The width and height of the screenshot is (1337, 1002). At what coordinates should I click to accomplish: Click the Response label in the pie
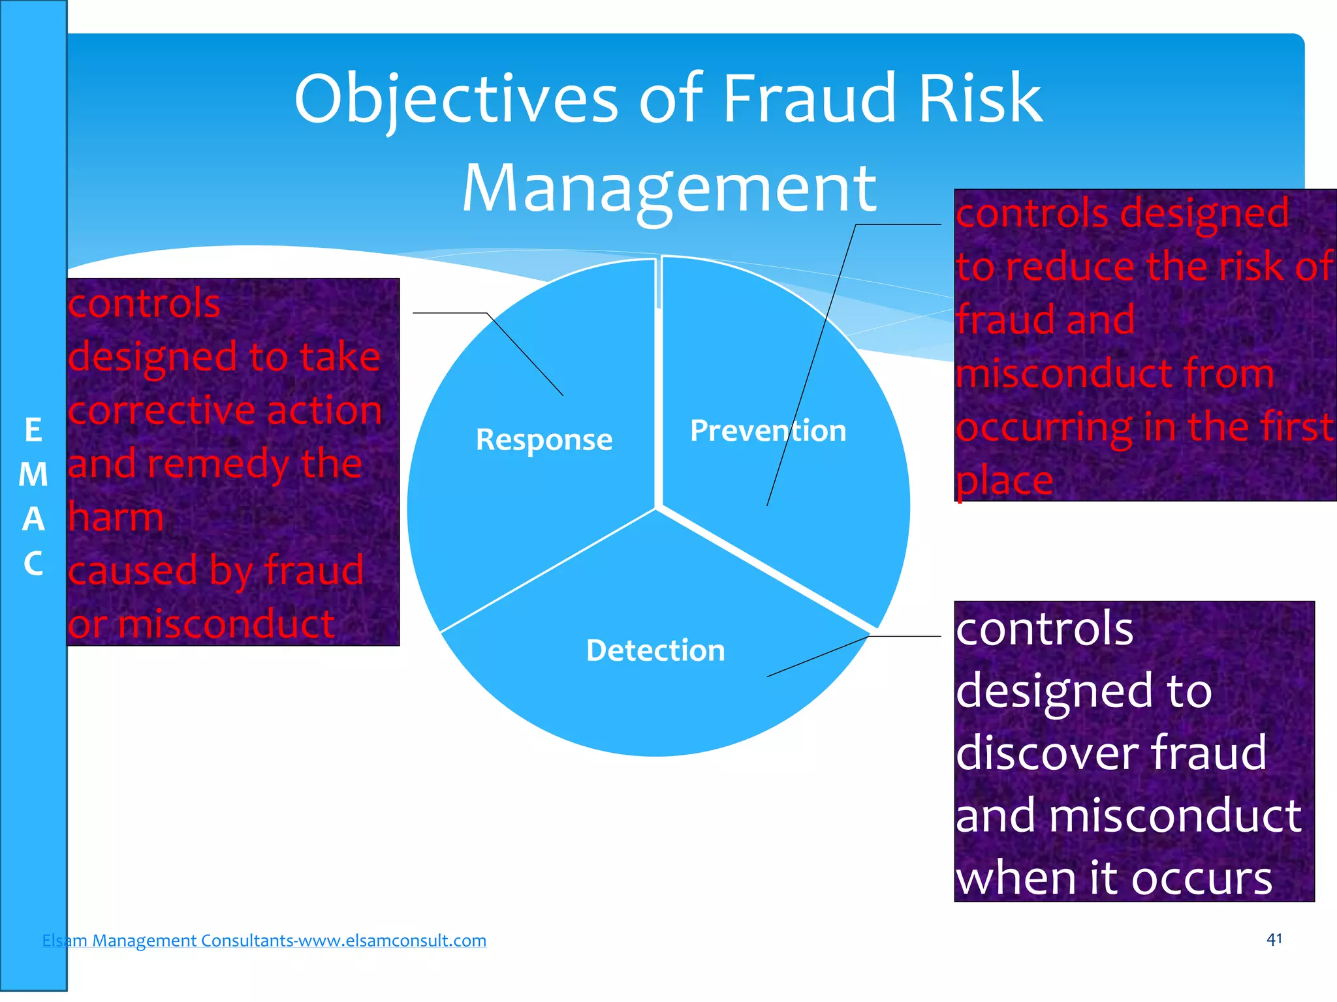pyautogui.click(x=544, y=440)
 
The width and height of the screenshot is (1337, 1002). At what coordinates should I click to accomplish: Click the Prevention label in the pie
pyautogui.click(x=768, y=431)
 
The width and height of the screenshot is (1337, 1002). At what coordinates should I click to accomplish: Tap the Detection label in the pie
pyautogui.click(x=655, y=650)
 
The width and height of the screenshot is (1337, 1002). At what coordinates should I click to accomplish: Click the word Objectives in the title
pyautogui.click(x=456, y=99)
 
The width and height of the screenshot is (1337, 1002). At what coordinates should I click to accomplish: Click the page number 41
pyautogui.click(x=1274, y=939)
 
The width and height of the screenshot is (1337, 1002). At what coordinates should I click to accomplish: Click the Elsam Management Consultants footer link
pyautogui.click(x=264, y=940)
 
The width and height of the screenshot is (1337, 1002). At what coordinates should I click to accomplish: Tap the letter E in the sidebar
pyautogui.click(x=33, y=431)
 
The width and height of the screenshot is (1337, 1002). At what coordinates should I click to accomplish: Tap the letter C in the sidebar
pyautogui.click(x=33, y=563)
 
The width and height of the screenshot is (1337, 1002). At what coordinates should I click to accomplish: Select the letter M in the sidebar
pyautogui.click(x=33, y=475)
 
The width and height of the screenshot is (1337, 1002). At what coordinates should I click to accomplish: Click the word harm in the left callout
pyautogui.click(x=116, y=517)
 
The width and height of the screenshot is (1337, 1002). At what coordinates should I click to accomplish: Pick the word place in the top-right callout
pyautogui.click(x=1004, y=481)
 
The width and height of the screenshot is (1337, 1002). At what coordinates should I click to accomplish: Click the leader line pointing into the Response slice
pyautogui.click(x=526, y=354)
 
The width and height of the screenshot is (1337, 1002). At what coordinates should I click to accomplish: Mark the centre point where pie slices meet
pyautogui.click(x=657, y=508)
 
